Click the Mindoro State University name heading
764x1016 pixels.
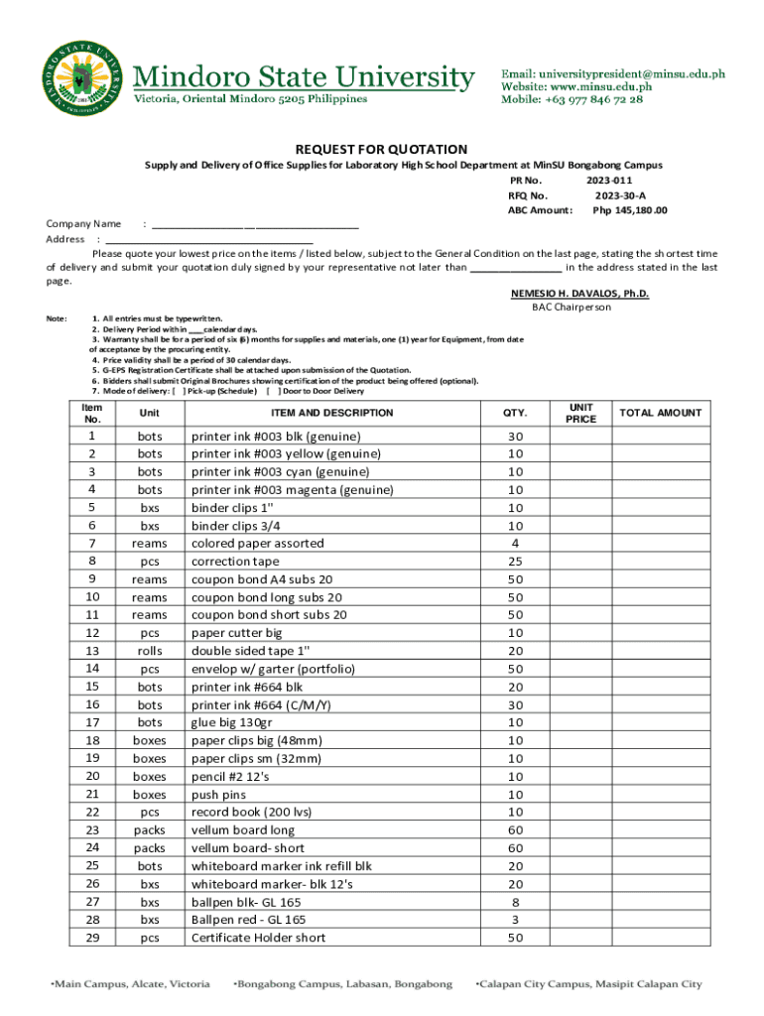click(x=304, y=76)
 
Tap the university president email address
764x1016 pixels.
click(x=611, y=73)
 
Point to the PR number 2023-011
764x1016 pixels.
click(x=609, y=181)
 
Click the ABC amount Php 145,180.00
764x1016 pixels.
click(x=630, y=210)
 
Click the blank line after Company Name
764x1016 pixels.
click(x=254, y=224)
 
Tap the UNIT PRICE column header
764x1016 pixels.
click(x=580, y=413)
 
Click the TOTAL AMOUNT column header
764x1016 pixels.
click(x=660, y=413)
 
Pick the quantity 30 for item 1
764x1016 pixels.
click(x=515, y=437)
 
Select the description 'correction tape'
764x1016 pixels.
click(x=235, y=562)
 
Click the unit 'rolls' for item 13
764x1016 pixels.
click(x=150, y=651)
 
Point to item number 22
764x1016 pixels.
click(x=92, y=812)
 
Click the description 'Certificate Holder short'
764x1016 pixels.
click(x=258, y=938)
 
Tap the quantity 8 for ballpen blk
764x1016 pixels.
click(x=515, y=902)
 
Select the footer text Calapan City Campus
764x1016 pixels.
click(x=589, y=984)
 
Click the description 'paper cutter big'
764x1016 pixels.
click(x=236, y=633)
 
